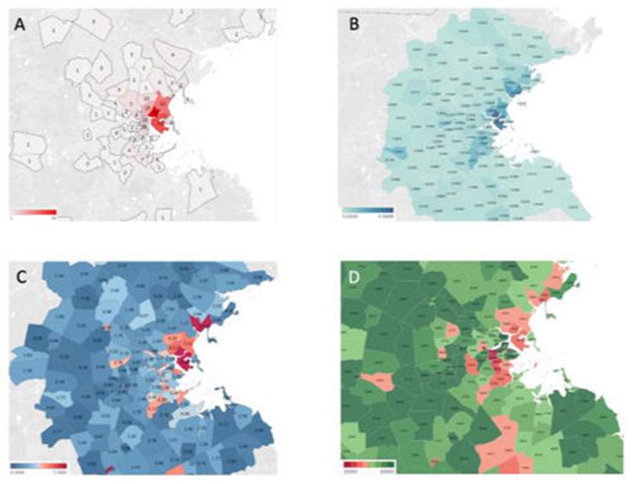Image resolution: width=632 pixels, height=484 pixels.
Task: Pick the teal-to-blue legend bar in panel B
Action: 368,210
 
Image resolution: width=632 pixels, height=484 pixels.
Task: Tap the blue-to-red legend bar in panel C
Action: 38,466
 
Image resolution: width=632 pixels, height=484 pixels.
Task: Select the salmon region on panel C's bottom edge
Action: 178,470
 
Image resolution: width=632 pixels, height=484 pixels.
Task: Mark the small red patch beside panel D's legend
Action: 435,463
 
